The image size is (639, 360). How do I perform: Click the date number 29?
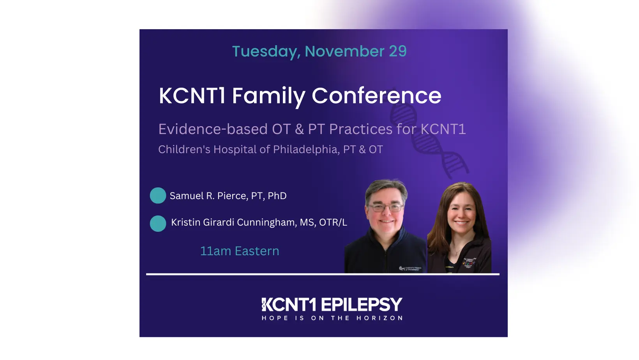click(x=398, y=51)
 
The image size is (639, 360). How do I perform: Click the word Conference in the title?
click(x=376, y=96)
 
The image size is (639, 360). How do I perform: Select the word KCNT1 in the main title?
click(x=192, y=96)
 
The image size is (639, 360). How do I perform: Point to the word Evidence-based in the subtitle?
click(x=213, y=129)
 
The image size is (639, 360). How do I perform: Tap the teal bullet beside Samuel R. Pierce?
click(x=158, y=196)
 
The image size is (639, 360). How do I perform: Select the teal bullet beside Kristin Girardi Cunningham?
click(x=158, y=224)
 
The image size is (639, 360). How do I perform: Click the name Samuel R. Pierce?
click(x=208, y=196)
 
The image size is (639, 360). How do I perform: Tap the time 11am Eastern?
click(x=240, y=251)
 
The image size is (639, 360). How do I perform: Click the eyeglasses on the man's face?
click(x=385, y=207)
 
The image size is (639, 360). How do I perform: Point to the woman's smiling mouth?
click(x=461, y=222)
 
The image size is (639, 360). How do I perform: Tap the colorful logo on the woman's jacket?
click(x=469, y=263)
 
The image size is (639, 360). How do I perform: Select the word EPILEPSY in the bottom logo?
click(x=361, y=305)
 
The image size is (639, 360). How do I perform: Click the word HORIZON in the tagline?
click(x=380, y=318)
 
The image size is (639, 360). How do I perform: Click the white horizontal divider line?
click(x=323, y=274)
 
